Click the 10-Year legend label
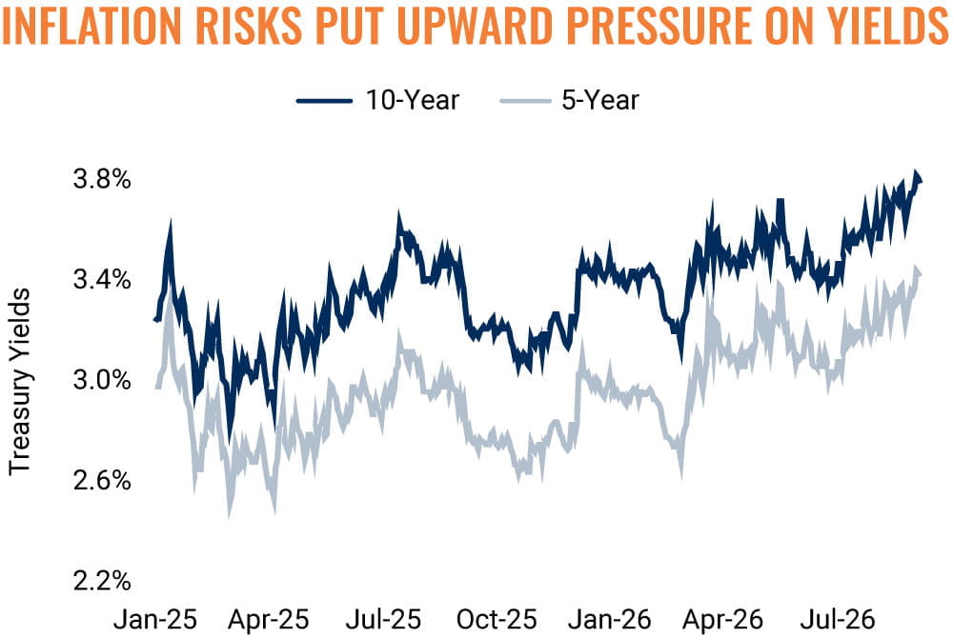pos(412,100)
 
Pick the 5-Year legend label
pos(599,100)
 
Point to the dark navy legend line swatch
pos(324,101)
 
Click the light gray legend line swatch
pos(526,101)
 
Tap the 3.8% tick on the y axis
pos(102,180)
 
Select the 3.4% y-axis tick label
pos(102,280)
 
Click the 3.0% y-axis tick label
pos(102,380)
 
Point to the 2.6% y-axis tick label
pos(102,480)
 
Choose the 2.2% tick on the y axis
pos(102,580)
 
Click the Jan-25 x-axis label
pos(155,620)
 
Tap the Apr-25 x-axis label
pos(268,620)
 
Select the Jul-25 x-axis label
pos(383,620)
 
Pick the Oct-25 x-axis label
pos(497,620)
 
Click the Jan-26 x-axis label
pos(610,620)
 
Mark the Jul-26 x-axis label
pos(838,620)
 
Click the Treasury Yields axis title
pos(19,381)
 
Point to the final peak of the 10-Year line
pos(916,172)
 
